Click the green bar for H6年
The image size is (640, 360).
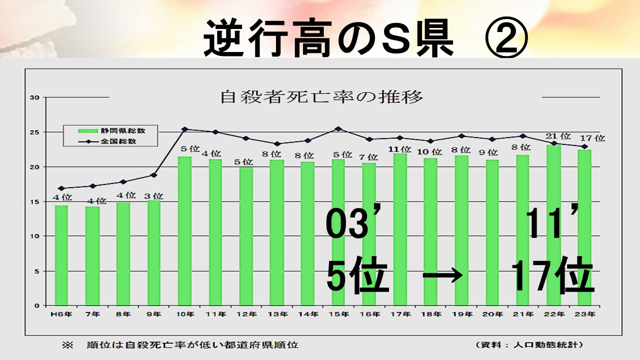61,255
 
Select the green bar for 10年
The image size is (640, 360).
184,230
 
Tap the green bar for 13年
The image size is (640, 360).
276,232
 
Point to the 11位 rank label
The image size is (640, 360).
399,149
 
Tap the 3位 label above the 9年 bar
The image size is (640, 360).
154,195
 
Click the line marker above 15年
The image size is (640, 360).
338,128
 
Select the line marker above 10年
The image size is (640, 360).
184,129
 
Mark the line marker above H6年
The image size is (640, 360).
61,188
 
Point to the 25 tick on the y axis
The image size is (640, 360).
34,132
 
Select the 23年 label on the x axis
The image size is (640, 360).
585,314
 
